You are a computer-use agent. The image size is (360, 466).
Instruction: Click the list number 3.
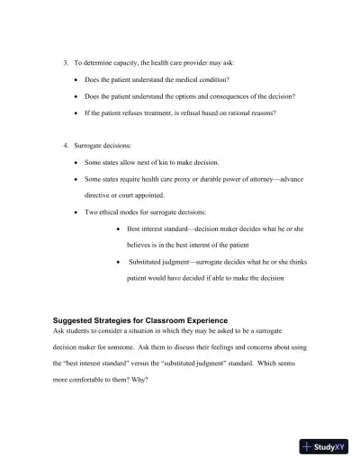tap(65, 65)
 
